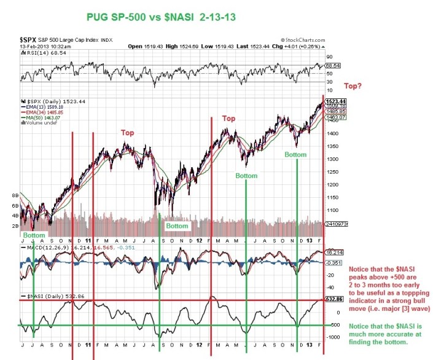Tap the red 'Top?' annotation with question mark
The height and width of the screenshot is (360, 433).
coord(356,87)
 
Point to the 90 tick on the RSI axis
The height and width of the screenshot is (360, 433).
coord(329,56)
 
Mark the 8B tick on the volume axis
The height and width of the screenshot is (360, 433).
coord(15,196)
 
